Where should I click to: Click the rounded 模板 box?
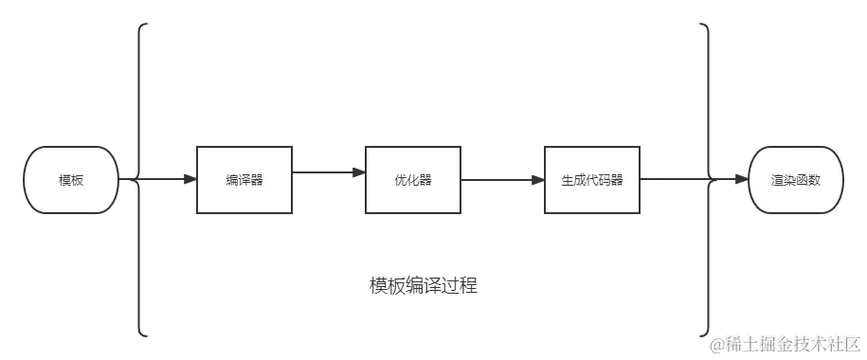(x=71, y=180)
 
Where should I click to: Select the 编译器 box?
(x=243, y=180)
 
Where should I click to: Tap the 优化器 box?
(x=413, y=180)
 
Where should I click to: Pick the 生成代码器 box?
(x=591, y=180)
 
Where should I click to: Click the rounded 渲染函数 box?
(x=795, y=180)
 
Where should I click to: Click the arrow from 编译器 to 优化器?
(x=329, y=171)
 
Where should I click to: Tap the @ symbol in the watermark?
(x=712, y=342)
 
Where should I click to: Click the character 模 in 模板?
(x=64, y=180)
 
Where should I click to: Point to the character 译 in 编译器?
(x=244, y=180)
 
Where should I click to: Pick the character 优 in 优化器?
(x=401, y=180)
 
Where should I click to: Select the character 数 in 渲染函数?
(x=814, y=180)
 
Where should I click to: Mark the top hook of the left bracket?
(x=145, y=26)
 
